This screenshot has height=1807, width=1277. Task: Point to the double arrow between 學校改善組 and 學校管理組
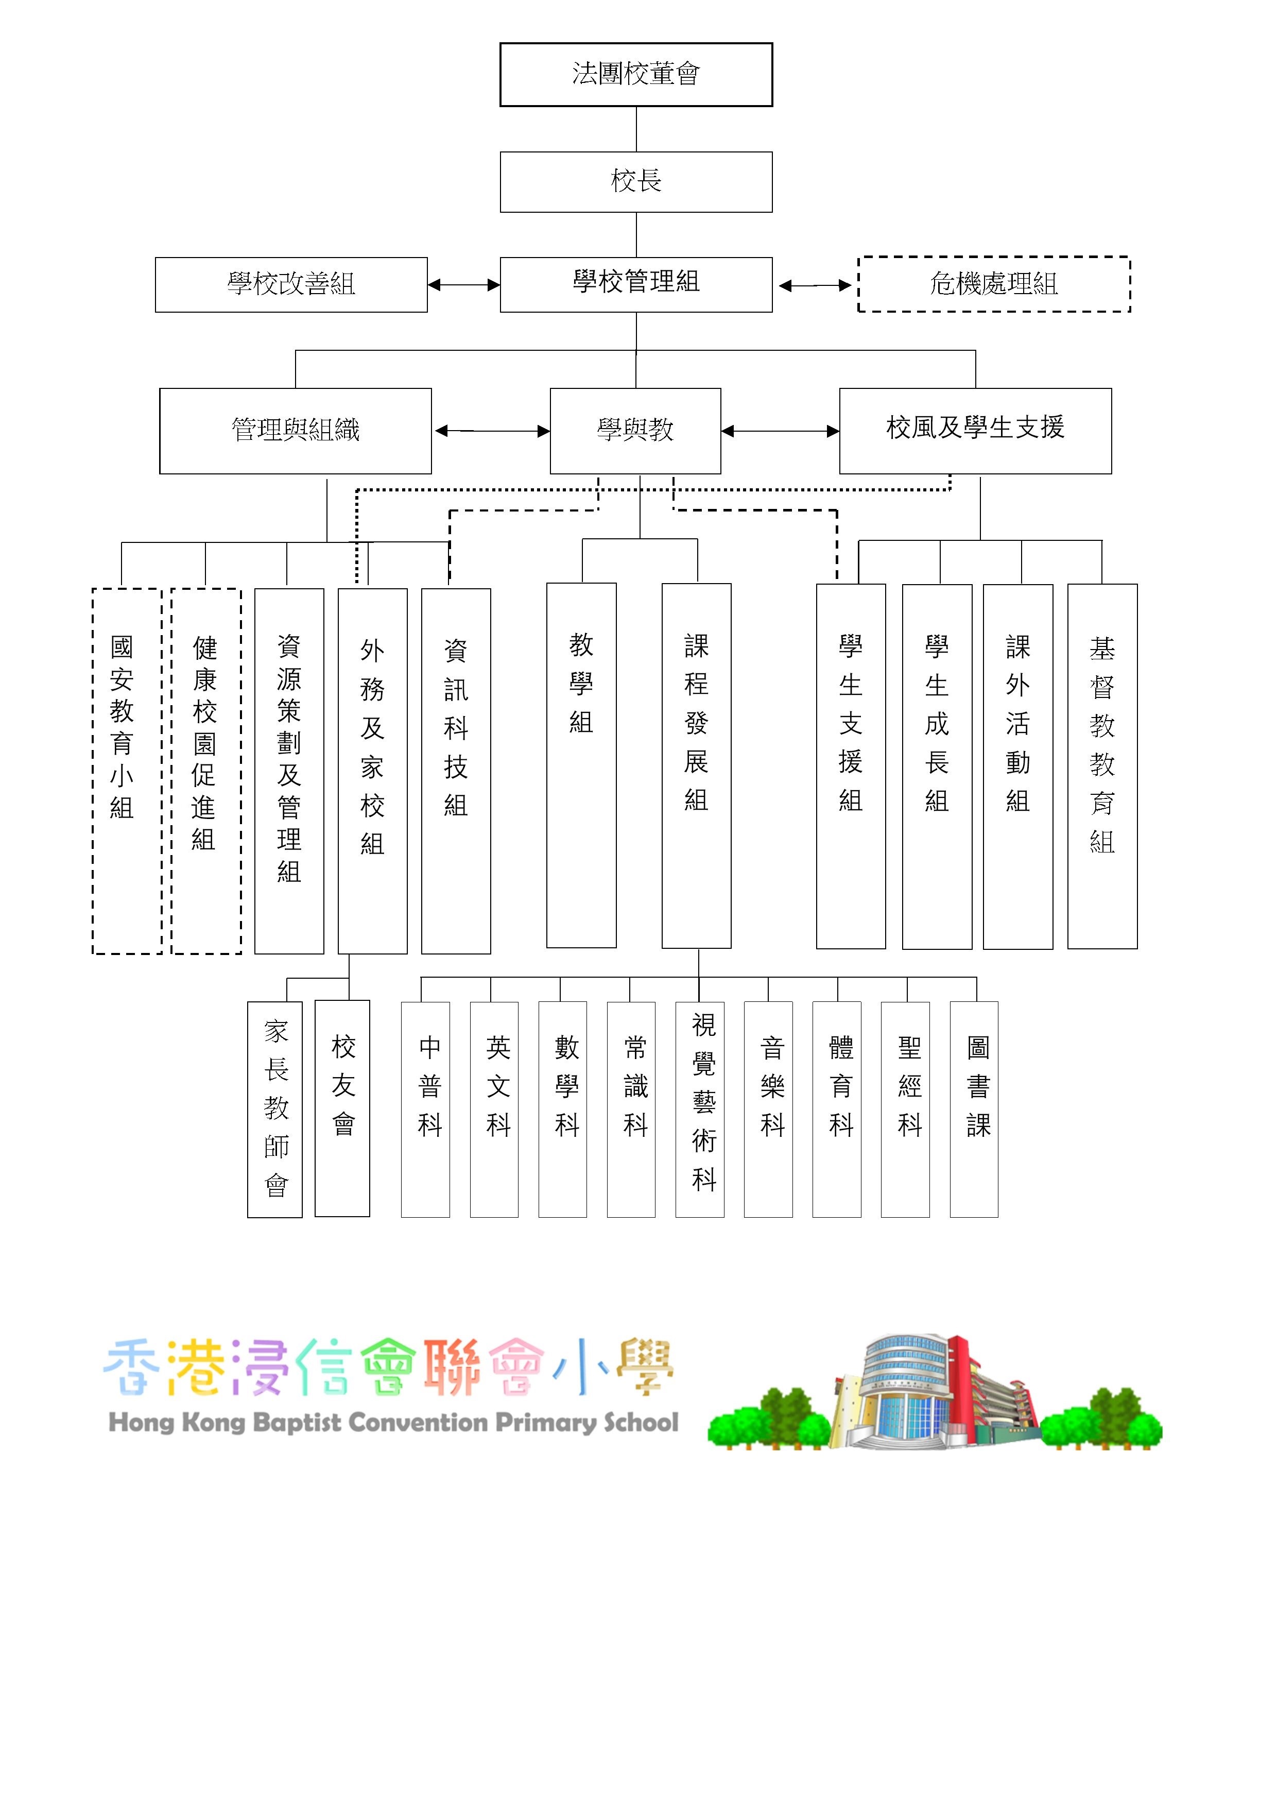pyautogui.click(x=463, y=285)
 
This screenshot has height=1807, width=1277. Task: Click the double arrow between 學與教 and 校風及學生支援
pyautogui.click(x=780, y=431)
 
